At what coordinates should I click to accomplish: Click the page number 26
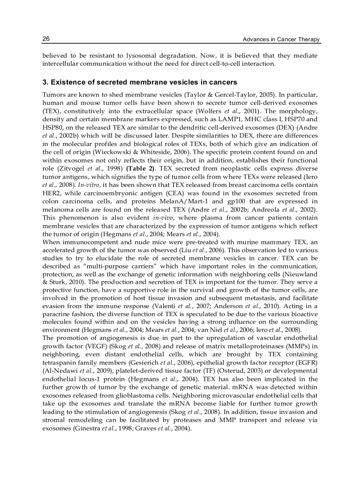pos(46,39)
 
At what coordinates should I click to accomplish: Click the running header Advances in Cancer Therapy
pos(281,40)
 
